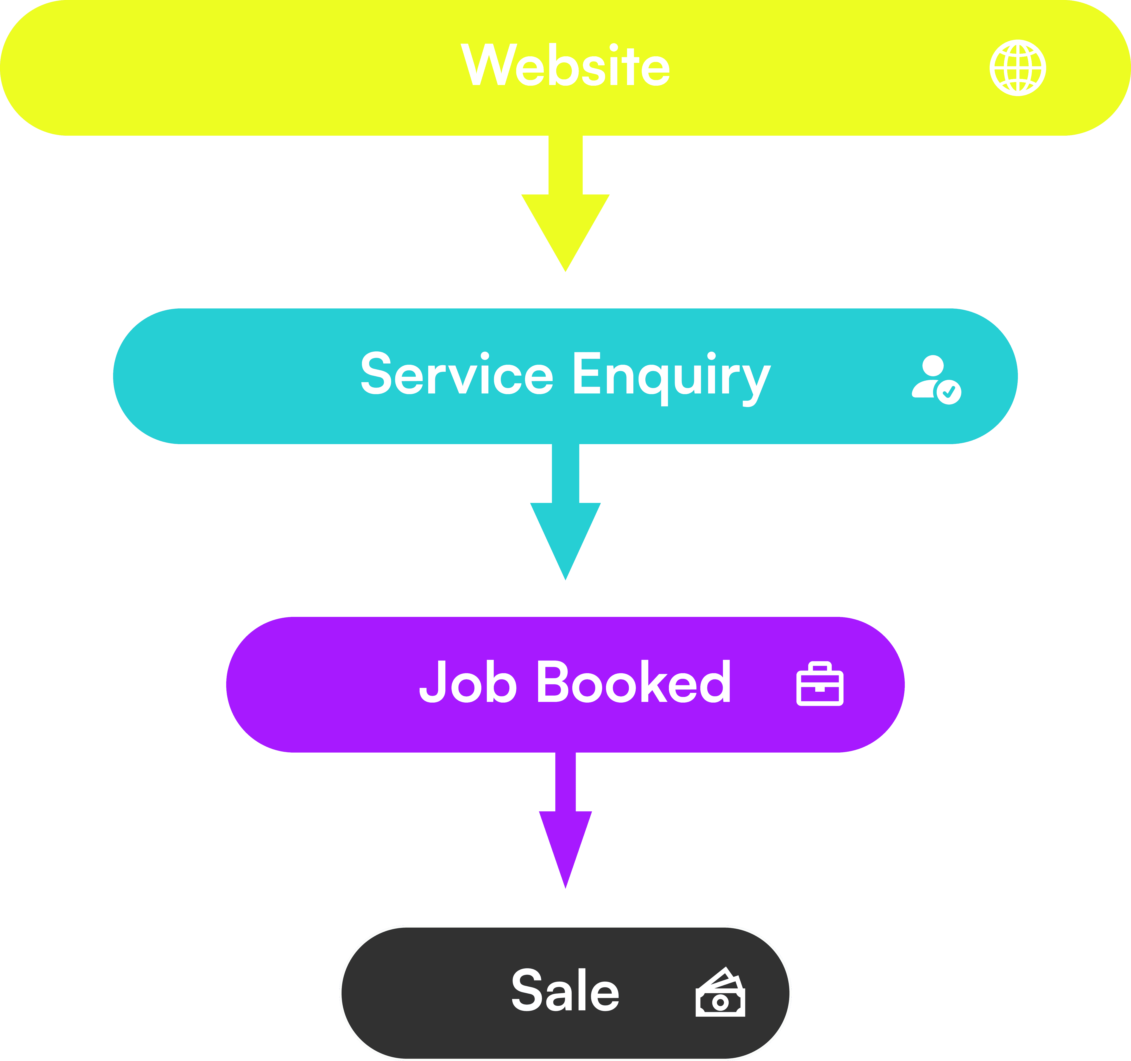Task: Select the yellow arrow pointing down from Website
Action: pyautogui.click(x=565, y=205)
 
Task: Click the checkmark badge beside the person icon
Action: pyautogui.click(x=949, y=392)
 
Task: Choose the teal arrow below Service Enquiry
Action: pyautogui.click(x=565, y=512)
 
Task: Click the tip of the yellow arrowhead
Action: pyautogui.click(x=565, y=270)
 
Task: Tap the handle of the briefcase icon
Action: pyautogui.click(x=820, y=666)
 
